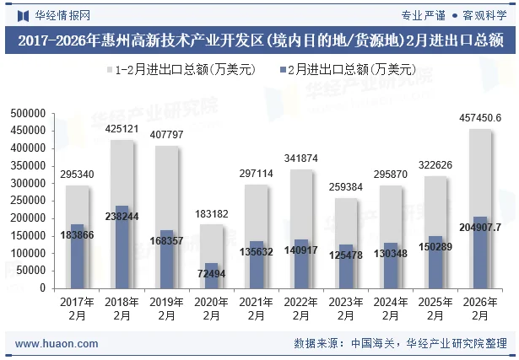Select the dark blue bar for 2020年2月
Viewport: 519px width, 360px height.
(211, 275)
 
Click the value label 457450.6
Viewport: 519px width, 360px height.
(479, 118)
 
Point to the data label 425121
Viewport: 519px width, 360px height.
(122, 129)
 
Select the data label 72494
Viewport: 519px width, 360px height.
(211, 274)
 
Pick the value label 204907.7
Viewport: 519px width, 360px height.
(479, 227)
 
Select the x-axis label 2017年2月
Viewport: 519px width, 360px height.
(78, 309)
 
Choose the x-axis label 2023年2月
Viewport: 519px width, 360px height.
(345, 309)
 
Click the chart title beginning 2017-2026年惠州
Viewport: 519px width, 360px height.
(259, 40)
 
